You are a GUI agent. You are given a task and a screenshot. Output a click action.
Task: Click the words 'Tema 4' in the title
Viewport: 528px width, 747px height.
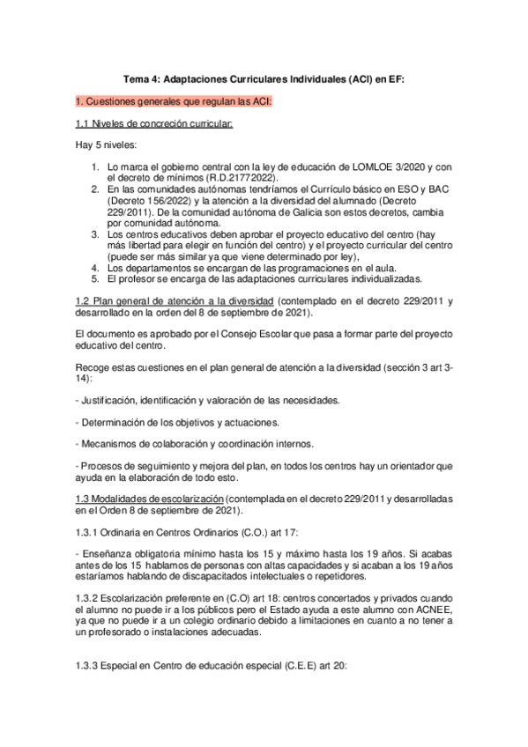pyautogui.click(x=139, y=79)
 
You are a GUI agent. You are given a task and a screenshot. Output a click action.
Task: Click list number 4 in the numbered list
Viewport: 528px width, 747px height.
pyautogui.click(x=95, y=267)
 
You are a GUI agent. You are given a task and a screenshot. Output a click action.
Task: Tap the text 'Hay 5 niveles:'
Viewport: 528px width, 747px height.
pyautogui.click(x=105, y=144)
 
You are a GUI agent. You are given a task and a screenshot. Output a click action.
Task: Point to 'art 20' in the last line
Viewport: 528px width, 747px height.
pyautogui.click(x=333, y=667)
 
